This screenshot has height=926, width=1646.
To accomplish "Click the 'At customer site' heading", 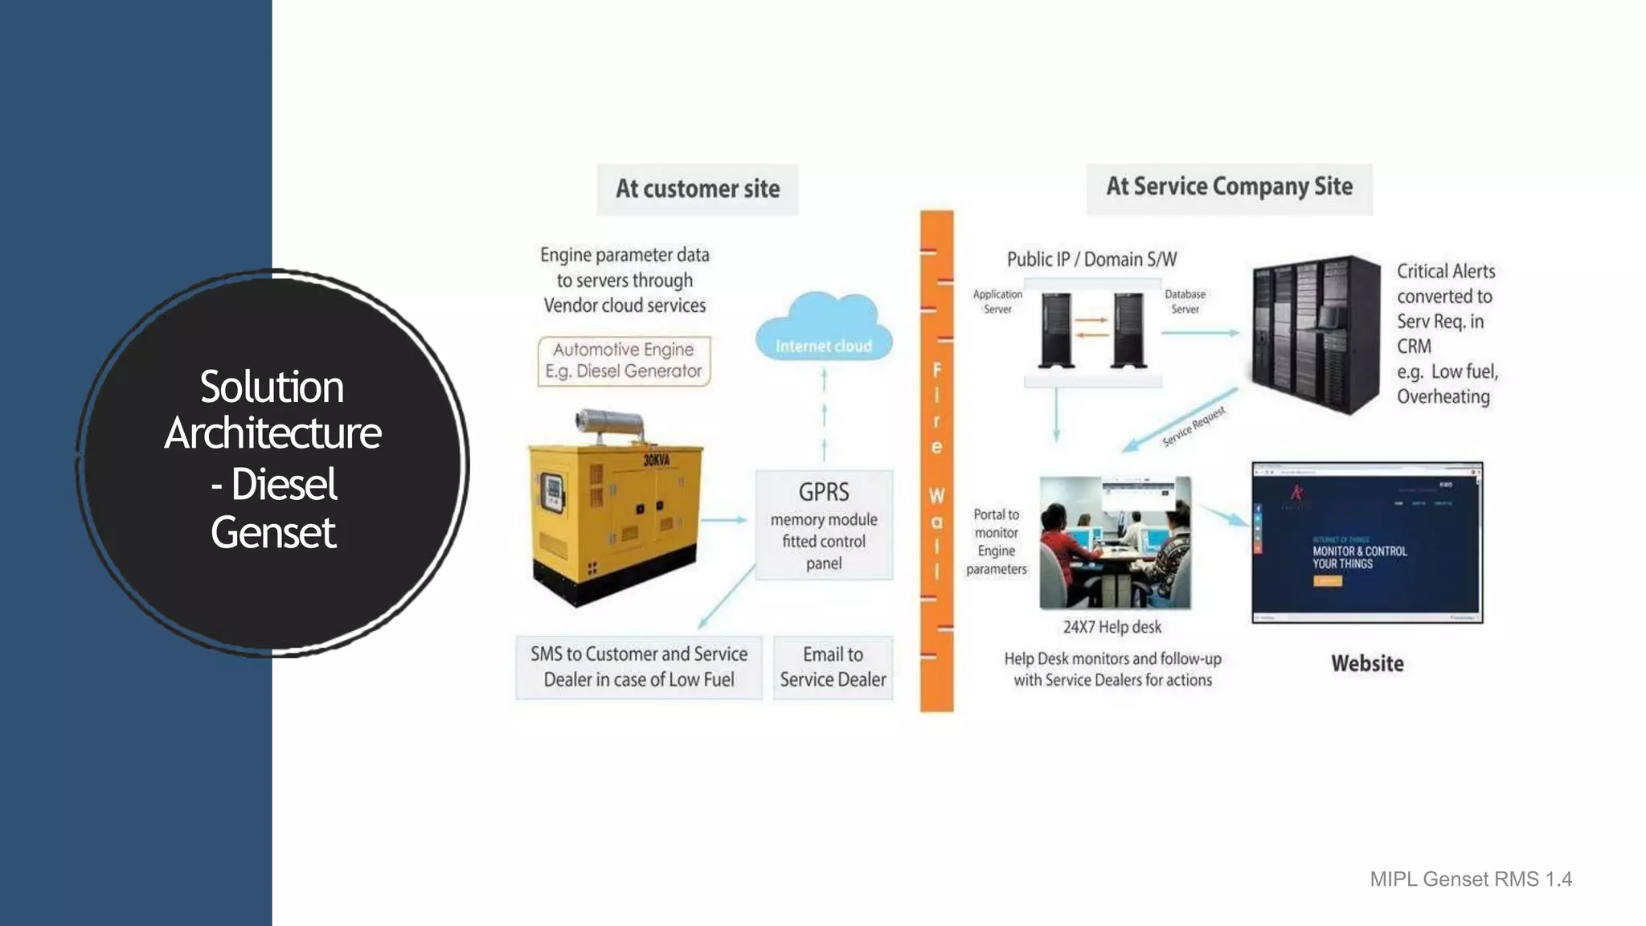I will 697,189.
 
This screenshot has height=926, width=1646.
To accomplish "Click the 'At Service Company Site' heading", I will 1229,187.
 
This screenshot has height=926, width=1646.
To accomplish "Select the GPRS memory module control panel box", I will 824,525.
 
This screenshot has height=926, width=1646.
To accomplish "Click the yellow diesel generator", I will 615,518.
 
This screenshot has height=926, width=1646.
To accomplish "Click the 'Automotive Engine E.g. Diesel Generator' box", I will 624,361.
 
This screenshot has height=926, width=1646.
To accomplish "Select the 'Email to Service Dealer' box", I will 833,667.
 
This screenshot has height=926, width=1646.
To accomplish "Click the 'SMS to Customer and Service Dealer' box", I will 638,667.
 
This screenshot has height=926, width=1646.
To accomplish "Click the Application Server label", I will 997,301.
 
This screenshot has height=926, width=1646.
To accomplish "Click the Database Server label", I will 1185,301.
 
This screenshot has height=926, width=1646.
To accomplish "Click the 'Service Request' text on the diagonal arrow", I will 1194,426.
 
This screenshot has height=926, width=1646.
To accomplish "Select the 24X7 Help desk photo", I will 1115,543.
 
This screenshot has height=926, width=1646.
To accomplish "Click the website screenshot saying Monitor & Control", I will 1366,543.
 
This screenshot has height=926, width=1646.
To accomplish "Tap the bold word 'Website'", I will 1367,663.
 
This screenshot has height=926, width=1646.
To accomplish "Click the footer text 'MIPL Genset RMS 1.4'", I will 1470,879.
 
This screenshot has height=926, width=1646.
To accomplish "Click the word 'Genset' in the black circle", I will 273,533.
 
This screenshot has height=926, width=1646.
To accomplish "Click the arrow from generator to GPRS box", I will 726,520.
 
